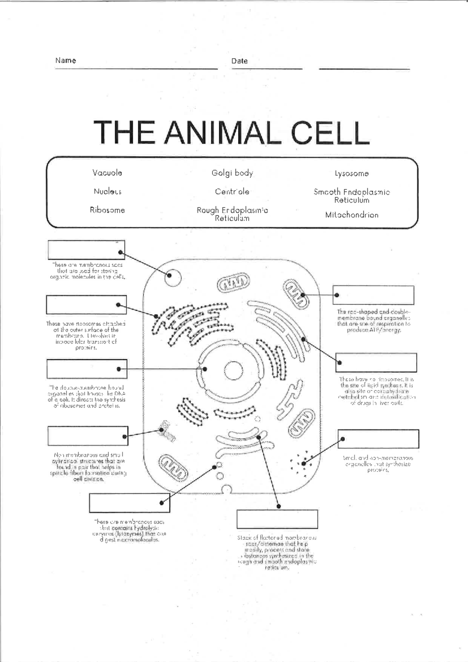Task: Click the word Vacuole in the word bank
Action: point(107,173)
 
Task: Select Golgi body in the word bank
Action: point(232,173)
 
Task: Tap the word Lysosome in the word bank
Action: point(351,174)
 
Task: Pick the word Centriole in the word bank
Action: point(232,192)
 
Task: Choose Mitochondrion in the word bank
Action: point(351,215)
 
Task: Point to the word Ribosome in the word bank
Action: point(107,210)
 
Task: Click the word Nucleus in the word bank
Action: point(107,192)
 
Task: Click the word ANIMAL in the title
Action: point(222,133)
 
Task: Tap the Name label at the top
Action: point(66,61)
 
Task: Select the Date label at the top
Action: point(239,61)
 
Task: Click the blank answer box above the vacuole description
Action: point(86,250)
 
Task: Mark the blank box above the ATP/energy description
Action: point(373,295)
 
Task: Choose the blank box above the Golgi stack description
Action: point(277,519)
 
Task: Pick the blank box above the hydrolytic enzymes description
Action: point(129,503)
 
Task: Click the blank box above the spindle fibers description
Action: point(87,436)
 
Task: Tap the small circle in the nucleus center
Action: point(233,370)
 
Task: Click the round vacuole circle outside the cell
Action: point(173,278)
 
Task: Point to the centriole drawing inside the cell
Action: point(167,431)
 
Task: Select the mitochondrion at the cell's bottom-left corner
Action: point(174,467)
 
